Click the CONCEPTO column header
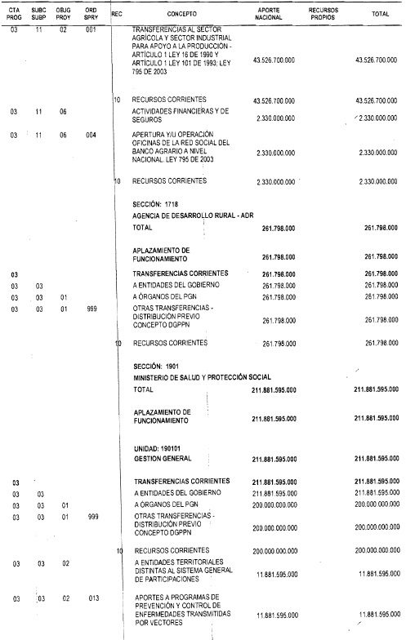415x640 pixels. [193, 15]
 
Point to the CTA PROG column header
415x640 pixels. [15, 15]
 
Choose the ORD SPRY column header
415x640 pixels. [91, 15]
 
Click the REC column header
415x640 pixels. [117, 13]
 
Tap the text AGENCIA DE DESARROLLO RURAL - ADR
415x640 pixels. [193, 214]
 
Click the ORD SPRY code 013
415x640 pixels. [91, 598]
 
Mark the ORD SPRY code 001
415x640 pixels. [91, 29]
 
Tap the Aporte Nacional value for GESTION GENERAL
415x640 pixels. [274, 460]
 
